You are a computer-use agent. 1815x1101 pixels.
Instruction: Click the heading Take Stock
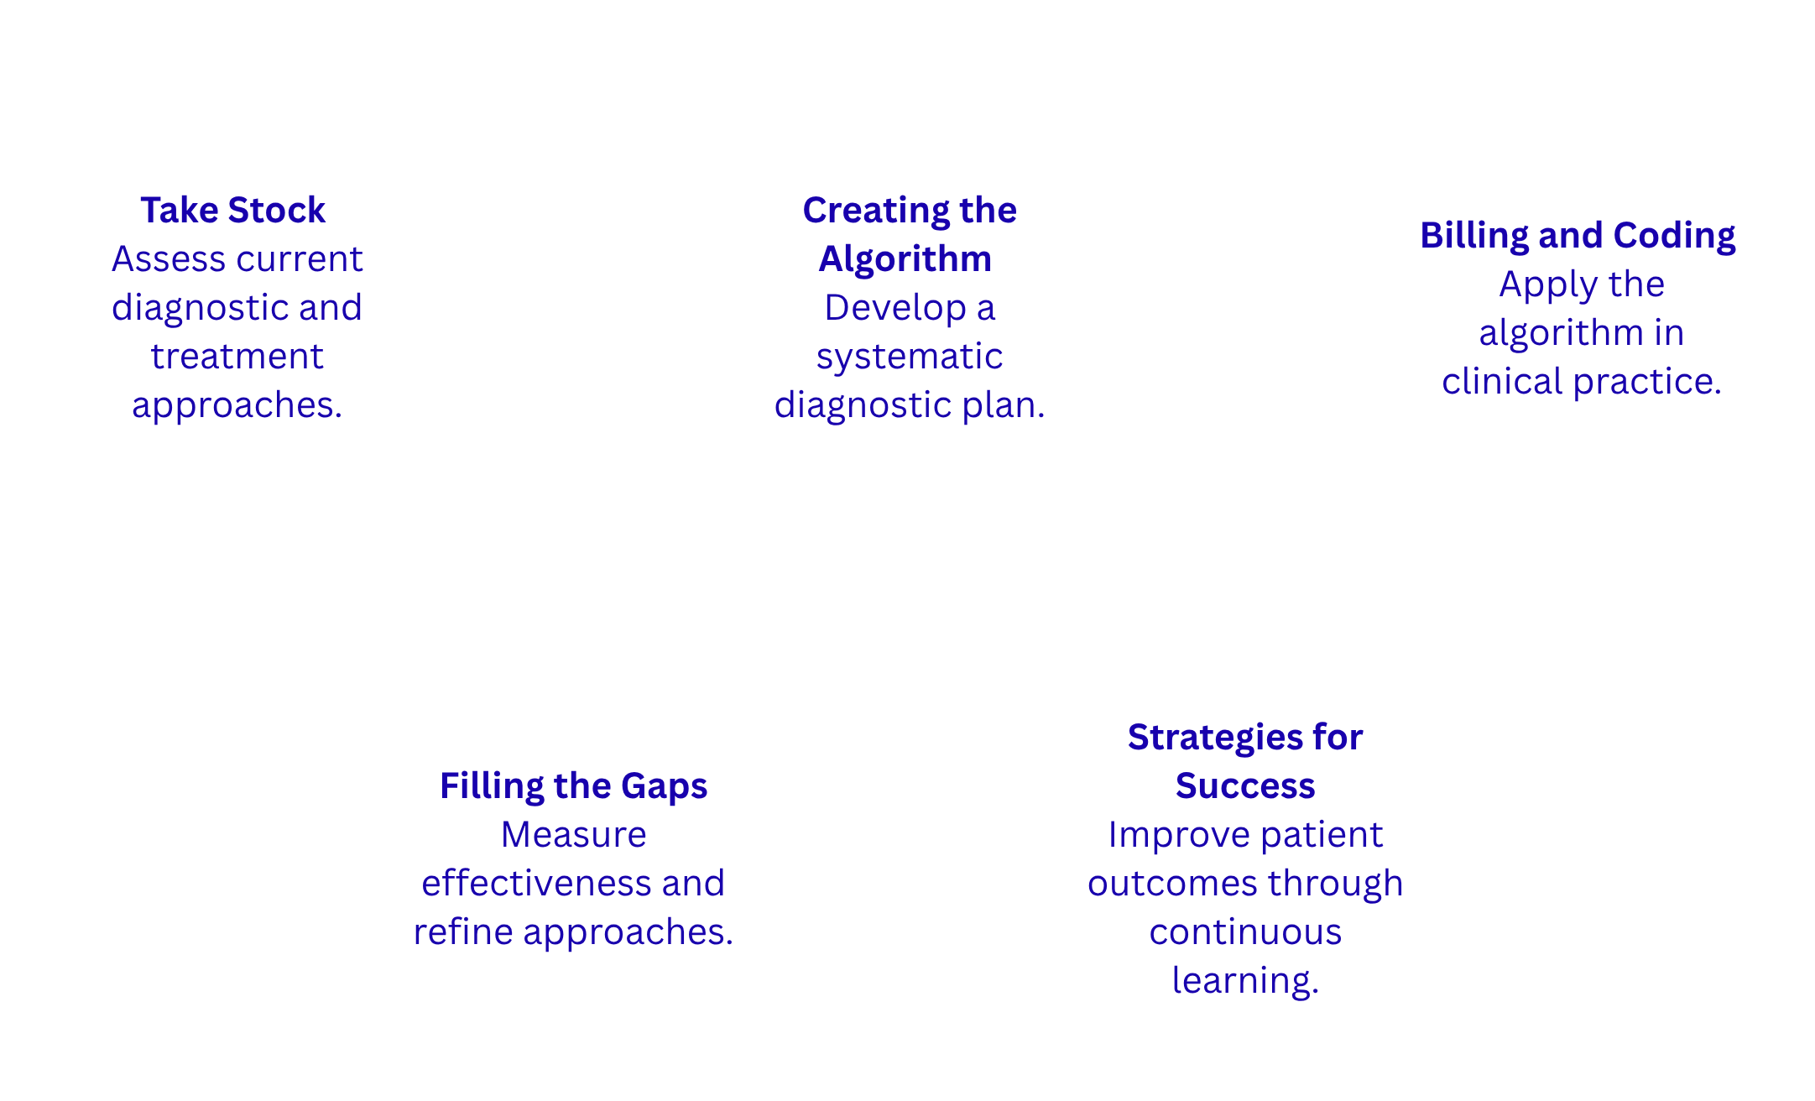pos(232,210)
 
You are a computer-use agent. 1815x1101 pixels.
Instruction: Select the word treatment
pos(237,357)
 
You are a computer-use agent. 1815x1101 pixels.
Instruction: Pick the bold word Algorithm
pos(905,258)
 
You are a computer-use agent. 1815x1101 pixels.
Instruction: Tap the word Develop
pos(894,308)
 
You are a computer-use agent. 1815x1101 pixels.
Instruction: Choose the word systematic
pos(910,357)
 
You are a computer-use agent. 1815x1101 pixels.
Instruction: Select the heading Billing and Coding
pos(1578,235)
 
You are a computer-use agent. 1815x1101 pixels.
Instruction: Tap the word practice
pos(1647,382)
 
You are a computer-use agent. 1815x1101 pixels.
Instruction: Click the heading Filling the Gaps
pos(573,785)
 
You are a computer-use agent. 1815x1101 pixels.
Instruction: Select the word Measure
pos(573,835)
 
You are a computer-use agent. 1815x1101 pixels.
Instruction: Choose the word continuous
pos(1245,932)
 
